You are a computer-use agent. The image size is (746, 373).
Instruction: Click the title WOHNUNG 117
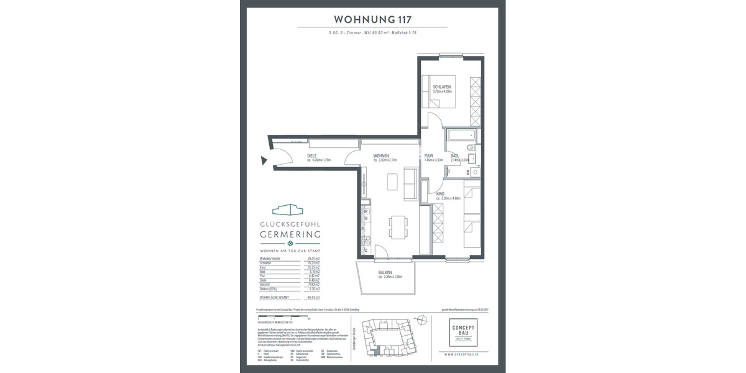(x=372, y=19)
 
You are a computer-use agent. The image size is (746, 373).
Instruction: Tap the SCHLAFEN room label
(x=441, y=87)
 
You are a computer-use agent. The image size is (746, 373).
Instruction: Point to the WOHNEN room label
(x=381, y=156)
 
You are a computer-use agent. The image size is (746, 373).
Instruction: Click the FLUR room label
(x=428, y=156)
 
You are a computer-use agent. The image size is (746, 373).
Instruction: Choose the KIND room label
(x=440, y=194)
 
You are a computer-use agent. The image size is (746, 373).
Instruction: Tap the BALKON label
(x=387, y=272)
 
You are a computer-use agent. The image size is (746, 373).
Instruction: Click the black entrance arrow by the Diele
(x=264, y=161)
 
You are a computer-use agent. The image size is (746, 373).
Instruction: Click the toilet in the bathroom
(x=471, y=149)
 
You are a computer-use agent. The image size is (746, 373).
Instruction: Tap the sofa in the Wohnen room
(x=410, y=185)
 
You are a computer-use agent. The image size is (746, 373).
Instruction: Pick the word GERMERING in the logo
(x=290, y=234)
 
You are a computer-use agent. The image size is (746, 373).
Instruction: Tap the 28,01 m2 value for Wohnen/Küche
(x=311, y=258)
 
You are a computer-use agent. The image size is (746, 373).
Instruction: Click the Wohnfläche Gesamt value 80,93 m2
(x=311, y=298)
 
